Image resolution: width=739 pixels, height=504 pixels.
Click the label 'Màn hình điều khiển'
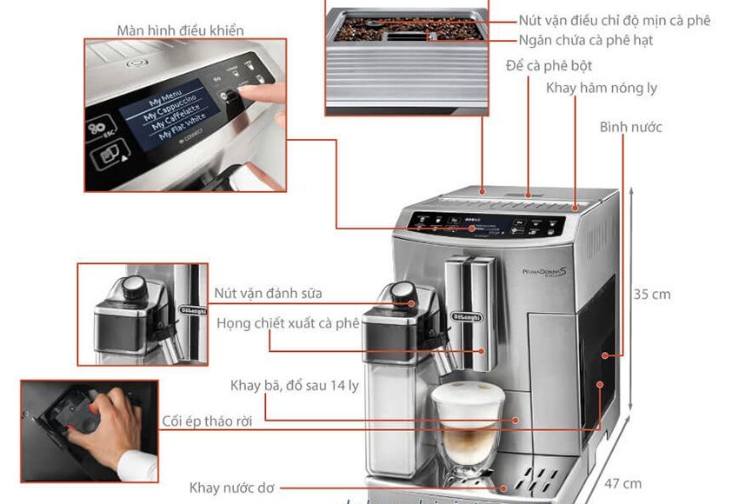tap(180, 30)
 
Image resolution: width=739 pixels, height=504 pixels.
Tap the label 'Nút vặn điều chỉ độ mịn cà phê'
tap(614, 20)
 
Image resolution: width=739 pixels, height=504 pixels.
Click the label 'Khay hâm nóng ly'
tap(601, 89)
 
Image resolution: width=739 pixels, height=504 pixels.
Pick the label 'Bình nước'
tap(630, 127)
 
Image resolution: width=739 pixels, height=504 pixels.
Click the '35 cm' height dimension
tap(652, 294)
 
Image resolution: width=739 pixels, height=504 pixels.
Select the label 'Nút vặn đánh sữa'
tap(268, 294)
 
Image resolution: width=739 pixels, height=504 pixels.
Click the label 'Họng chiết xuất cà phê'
tap(288, 323)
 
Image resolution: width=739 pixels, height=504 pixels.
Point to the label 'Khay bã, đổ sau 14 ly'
tap(294, 385)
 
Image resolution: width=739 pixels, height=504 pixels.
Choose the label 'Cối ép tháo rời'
tap(207, 421)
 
